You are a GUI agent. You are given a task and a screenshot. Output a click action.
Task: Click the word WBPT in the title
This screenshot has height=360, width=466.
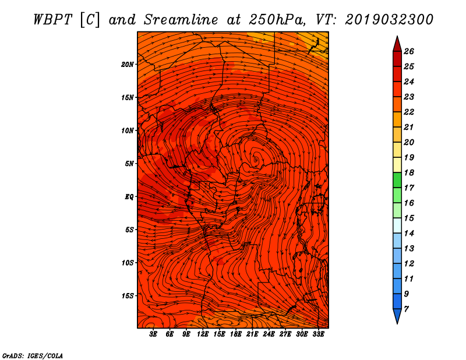pyautogui.click(x=52, y=19)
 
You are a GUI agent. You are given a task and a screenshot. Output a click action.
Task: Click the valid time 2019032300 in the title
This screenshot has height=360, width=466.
pyautogui.click(x=389, y=19)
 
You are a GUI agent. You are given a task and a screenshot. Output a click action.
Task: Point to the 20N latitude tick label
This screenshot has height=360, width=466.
pyautogui.click(x=128, y=64)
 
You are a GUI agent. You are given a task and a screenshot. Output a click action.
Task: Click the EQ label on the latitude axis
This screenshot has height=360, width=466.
pyautogui.click(x=129, y=197)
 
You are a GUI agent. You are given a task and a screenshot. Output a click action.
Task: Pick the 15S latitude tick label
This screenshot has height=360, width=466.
pyautogui.click(x=128, y=296)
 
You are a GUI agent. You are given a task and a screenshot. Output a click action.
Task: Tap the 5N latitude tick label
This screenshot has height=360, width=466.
pyautogui.click(x=129, y=164)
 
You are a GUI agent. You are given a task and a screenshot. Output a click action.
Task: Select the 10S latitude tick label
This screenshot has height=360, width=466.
pyautogui.click(x=128, y=263)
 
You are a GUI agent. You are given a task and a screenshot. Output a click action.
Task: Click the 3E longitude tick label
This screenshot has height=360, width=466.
pyautogui.click(x=154, y=335)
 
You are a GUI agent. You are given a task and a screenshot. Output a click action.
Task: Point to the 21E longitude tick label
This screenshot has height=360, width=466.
pyautogui.click(x=252, y=335)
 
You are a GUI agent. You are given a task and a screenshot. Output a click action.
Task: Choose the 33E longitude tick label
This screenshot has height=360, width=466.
pyautogui.click(x=318, y=335)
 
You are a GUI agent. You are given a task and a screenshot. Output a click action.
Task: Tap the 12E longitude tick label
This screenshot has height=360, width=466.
pyautogui.click(x=203, y=335)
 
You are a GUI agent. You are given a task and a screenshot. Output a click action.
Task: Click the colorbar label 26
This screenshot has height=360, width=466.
pyautogui.click(x=408, y=51)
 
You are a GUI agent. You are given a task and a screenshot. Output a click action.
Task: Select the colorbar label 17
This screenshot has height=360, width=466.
pyautogui.click(x=408, y=188)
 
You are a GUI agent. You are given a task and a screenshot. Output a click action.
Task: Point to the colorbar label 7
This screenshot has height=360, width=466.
pyautogui.click(x=406, y=308)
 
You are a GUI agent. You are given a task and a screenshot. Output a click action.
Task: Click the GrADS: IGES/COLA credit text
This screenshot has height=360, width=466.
pyautogui.click(x=32, y=355)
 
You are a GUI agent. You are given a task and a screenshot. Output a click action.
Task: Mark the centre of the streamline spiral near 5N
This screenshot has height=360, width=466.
pyautogui.click(x=255, y=157)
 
